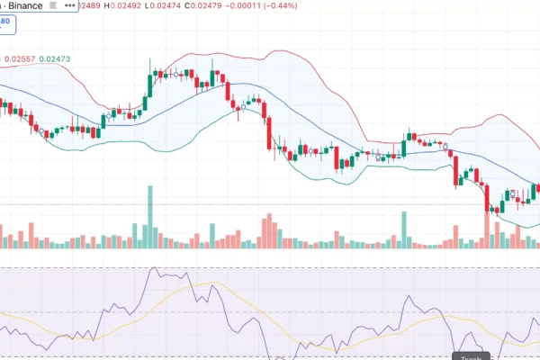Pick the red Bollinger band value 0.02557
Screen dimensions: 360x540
(21, 59)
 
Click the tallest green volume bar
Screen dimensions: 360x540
(150, 216)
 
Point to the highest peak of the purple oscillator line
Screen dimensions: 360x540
(158, 269)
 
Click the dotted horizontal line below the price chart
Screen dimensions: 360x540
(270, 204)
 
